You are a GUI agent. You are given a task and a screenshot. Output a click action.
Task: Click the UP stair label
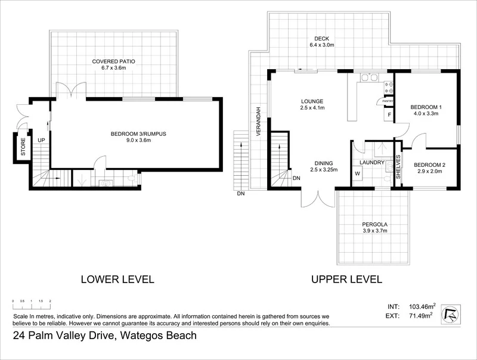tap(41, 139)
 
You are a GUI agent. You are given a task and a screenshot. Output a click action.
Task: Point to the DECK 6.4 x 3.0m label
tap(321, 41)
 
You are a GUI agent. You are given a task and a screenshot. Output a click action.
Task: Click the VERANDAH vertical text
tap(259, 122)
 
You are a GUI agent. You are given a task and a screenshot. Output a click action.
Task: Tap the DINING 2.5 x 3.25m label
tap(324, 166)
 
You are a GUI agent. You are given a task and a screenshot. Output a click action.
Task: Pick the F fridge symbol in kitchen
tap(389, 114)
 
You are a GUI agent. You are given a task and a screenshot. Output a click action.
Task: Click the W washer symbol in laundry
tap(358, 174)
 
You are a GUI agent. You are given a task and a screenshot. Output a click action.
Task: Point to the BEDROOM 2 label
tap(428, 168)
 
